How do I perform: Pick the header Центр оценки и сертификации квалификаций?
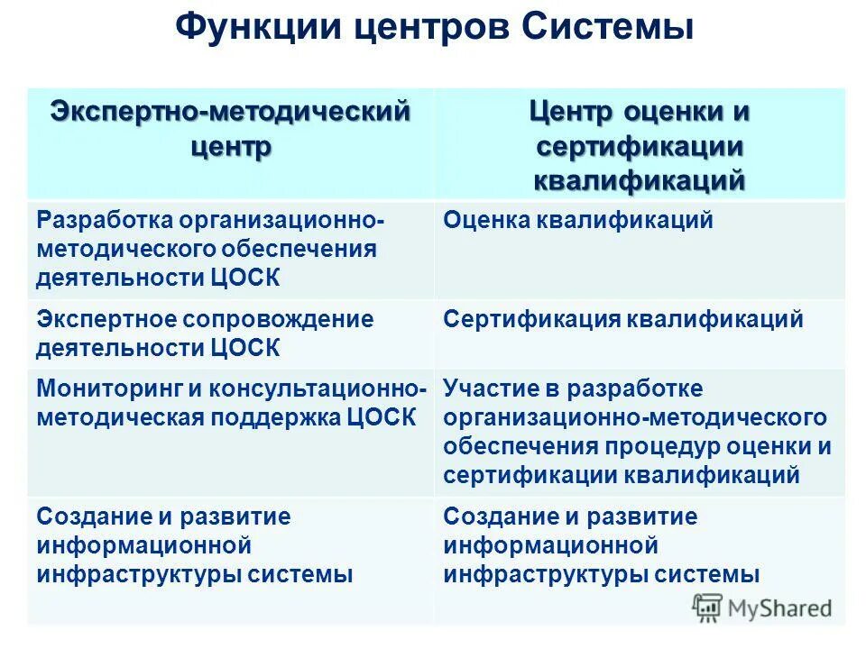[640, 145]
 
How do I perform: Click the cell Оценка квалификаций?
[578, 220]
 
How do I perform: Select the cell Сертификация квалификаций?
[623, 319]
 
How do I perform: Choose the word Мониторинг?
[108, 388]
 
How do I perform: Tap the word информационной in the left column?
[143, 545]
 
